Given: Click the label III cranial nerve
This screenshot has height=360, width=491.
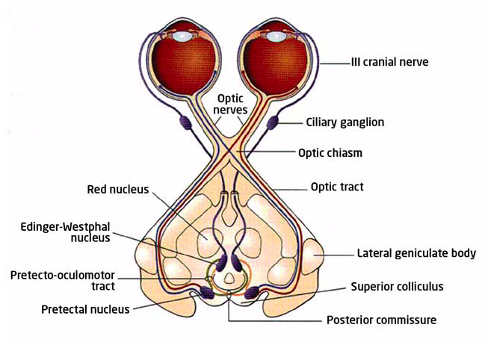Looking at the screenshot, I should coord(390,62).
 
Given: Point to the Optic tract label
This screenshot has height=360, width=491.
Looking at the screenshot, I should coord(336,187).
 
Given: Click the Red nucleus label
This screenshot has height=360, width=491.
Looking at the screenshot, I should coord(118,190).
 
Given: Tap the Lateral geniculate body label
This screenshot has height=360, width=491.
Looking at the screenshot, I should coord(416,253).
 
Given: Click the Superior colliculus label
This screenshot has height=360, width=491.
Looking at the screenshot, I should coord(398,286).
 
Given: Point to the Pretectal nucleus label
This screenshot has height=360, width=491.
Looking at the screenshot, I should coord(86,308).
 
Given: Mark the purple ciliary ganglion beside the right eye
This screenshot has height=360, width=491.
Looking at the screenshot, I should coord(274,119).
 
